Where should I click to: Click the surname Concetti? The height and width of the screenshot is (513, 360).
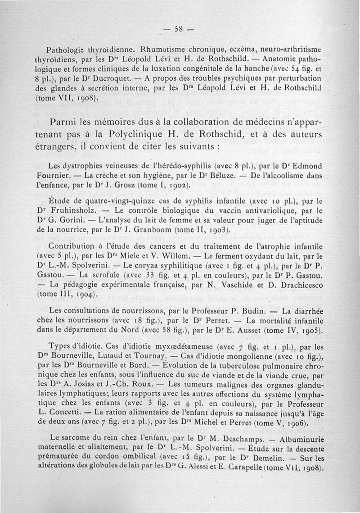coord(68,412)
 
